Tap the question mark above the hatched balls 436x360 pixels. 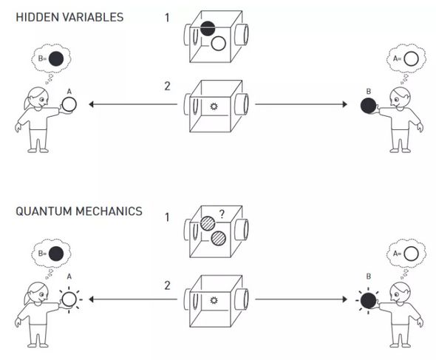coord(222,214)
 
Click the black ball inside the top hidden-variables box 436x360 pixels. coord(208,29)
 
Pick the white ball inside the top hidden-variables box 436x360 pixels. coord(218,44)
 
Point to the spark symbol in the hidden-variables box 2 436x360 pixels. coord(214,106)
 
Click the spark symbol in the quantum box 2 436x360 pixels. coord(214,300)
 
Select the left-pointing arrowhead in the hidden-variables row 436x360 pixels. coord(91,104)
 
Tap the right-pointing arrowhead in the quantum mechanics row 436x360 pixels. coord(345,299)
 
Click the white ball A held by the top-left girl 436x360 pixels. coord(69,104)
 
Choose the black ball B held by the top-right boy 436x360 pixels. coord(369,106)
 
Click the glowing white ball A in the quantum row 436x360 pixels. coord(69,299)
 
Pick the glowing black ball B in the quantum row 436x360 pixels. coord(369,300)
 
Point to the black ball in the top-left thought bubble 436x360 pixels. coord(56,58)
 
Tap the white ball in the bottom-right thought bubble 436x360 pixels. coord(411,254)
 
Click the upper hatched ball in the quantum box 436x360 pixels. coord(208,224)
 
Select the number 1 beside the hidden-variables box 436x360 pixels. coord(167,18)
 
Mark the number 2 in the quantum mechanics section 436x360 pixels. coord(167,286)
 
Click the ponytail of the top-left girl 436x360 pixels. coord(27,103)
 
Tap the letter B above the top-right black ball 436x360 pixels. coord(369,91)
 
